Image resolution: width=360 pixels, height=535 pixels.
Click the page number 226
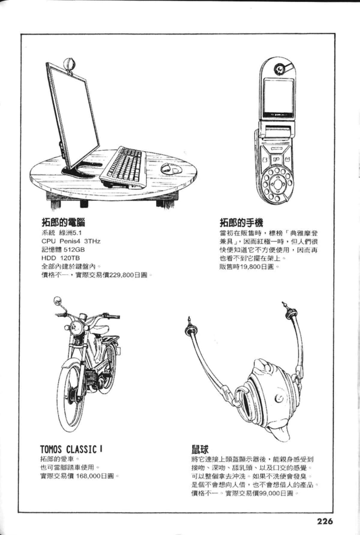[x=325, y=521]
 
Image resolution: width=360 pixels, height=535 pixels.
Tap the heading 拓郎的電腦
[x=63, y=222]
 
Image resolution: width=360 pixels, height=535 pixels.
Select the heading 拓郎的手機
[x=241, y=222]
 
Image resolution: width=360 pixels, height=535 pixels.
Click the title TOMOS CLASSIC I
[x=71, y=449]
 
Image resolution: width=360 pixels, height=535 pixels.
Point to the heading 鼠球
[x=200, y=449]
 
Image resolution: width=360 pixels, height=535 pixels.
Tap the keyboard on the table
[x=123, y=167]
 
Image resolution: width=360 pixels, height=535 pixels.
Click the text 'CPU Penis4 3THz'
[x=71, y=241]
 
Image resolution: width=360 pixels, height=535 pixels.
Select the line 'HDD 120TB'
[x=61, y=258]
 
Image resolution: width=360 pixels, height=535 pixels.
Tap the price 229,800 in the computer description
[x=121, y=275]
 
